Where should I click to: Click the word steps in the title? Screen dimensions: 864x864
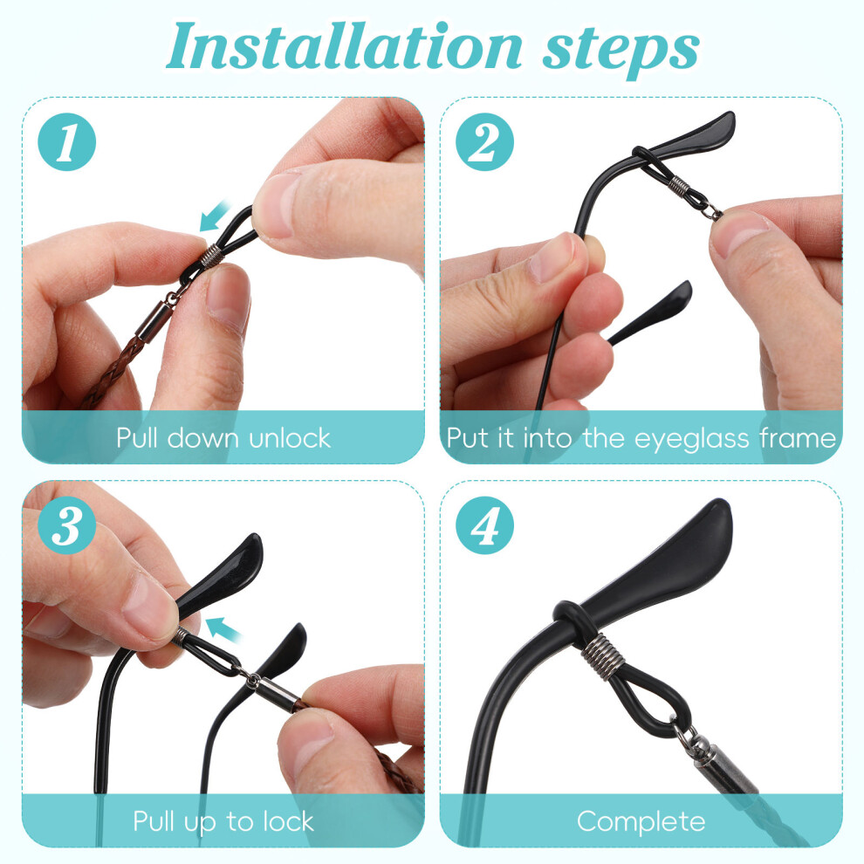pyautogui.click(x=621, y=51)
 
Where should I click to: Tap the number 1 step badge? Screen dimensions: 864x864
pyautogui.click(x=66, y=141)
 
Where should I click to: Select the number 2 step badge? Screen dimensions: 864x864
pyautogui.click(x=484, y=141)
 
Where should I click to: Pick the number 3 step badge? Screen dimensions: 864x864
pyautogui.click(x=66, y=525)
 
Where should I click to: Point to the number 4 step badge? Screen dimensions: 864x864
pyautogui.click(x=484, y=525)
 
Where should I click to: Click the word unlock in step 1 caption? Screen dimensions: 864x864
pyautogui.click(x=289, y=438)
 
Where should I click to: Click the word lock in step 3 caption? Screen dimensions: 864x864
pyautogui.click(x=288, y=821)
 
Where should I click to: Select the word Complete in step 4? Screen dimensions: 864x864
pyautogui.click(x=641, y=822)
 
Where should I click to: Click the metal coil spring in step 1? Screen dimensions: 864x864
pyautogui.click(x=212, y=255)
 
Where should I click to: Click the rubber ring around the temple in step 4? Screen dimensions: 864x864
pyautogui.click(x=574, y=622)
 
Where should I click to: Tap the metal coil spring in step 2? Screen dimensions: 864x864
pyautogui.click(x=678, y=186)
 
